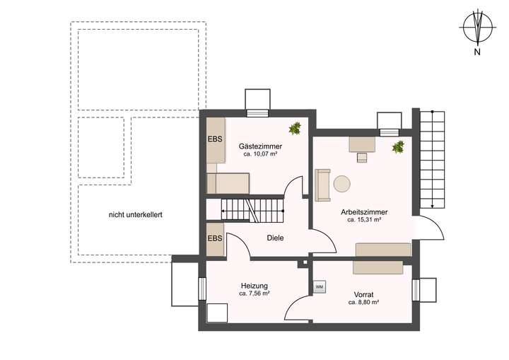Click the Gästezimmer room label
tap(259, 144)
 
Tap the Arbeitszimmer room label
tap(364, 211)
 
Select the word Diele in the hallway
tap(276, 238)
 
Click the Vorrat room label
tap(364, 294)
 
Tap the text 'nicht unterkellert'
tap(136, 214)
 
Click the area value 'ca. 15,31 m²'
tap(364, 220)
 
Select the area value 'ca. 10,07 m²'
tap(259, 153)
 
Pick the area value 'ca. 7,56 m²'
tap(254, 294)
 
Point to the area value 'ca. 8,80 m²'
tap(364, 302)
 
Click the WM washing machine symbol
tap(320, 287)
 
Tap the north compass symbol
tap(478, 28)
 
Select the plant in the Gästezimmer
tap(294, 129)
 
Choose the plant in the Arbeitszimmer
tap(399, 147)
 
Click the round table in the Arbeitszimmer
tap(342, 184)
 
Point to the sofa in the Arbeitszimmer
tap(323, 185)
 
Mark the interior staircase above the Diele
tap(252, 209)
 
